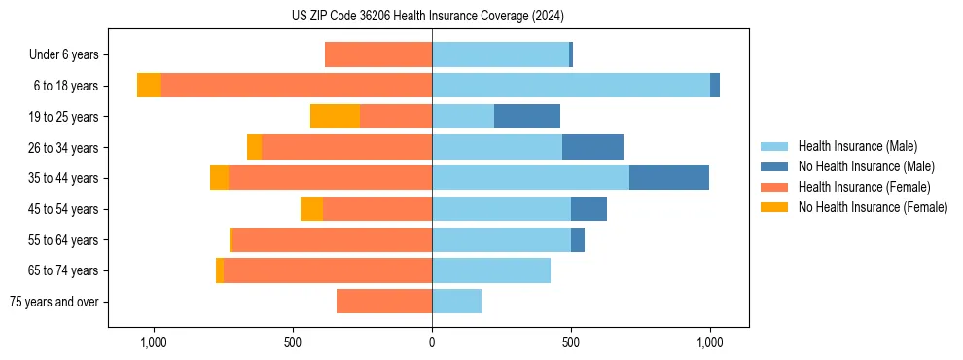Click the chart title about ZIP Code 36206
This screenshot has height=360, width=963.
[x=428, y=17]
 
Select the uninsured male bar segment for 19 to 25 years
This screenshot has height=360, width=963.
[x=527, y=117]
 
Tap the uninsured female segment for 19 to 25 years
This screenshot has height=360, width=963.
[x=335, y=117]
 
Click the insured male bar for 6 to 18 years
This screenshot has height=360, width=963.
[x=571, y=86]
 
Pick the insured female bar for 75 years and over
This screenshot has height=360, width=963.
[x=384, y=302]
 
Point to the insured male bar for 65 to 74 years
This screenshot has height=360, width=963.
[x=491, y=270]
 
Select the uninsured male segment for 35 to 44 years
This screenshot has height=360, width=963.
[x=669, y=178]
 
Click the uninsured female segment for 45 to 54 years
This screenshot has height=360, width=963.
[x=311, y=209]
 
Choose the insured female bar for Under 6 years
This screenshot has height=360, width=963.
[x=378, y=54]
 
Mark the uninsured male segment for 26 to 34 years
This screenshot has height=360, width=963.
[x=592, y=147]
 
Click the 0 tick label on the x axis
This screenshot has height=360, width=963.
[x=432, y=342]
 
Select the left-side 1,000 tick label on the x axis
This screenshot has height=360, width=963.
[x=154, y=342]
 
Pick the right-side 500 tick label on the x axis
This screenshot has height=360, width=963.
[x=571, y=342]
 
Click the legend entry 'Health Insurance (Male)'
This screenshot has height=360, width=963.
[x=857, y=146]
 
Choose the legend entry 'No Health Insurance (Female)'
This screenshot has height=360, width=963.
[x=873, y=207]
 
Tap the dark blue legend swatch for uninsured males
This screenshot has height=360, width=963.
[x=774, y=166]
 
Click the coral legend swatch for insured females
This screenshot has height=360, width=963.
[x=774, y=187]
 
